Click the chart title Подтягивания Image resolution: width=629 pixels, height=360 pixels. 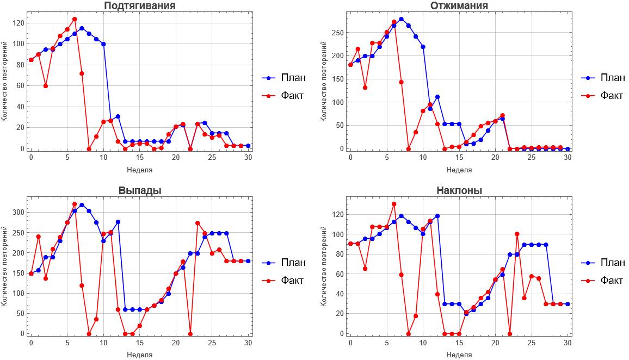[x=140, y=6]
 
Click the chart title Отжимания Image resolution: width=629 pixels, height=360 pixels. [x=459, y=6]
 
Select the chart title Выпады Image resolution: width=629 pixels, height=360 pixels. [x=140, y=191]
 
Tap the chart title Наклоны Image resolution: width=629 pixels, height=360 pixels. [x=459, y=191]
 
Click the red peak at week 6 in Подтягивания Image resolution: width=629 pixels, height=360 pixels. [x=75, y=19]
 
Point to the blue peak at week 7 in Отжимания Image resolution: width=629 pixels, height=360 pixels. [x=401, y=19]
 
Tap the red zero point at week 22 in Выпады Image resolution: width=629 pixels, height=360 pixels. [x=190, y=334]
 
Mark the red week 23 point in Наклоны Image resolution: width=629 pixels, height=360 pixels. [x=517, y=234]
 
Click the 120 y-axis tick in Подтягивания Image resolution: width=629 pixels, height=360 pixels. [x=20, y=23]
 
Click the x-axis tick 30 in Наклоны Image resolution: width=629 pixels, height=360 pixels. [x=568, y=343]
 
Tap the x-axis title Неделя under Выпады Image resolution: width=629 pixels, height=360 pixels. [x=140, y=355]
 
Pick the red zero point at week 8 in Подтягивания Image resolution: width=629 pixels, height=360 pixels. [x=89, y=148]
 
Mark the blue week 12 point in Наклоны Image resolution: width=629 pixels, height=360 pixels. [x=437, y=216]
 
